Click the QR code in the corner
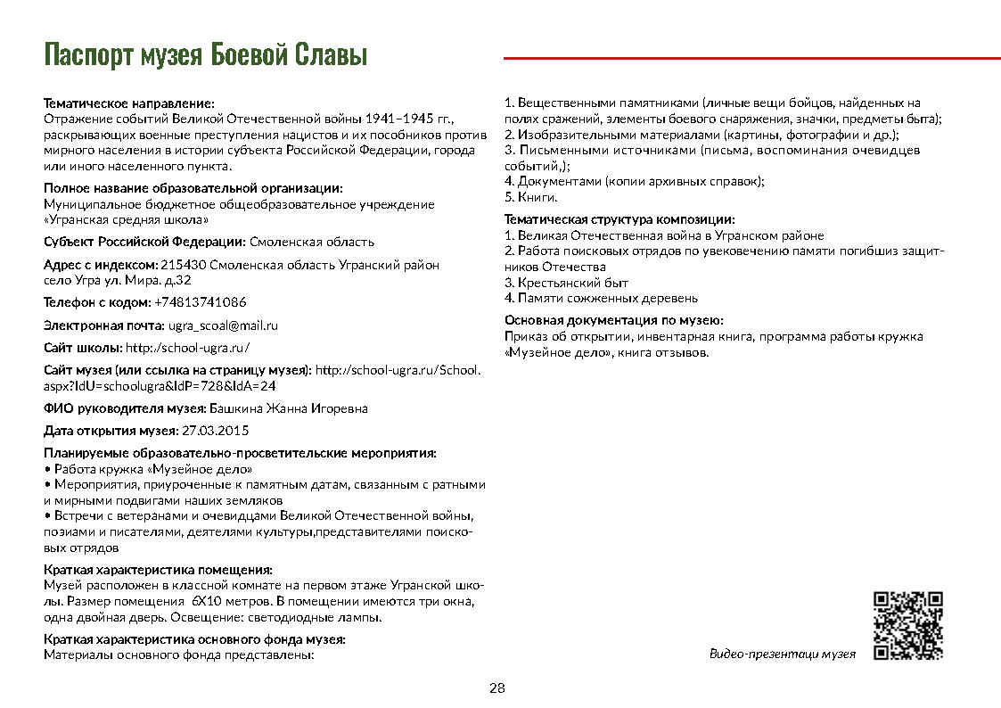[908, 626]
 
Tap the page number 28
[497, 688]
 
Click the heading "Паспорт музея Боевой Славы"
[206, 55]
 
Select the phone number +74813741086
[201, 302]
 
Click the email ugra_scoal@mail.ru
[224, 325]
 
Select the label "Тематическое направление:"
[129, 104]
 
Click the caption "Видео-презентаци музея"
[782, 654]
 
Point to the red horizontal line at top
[751, 58]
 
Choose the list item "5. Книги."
[531, 197]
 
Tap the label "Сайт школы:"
[83, 348]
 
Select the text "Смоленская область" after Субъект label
[312, 242]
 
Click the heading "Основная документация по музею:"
[613, 320]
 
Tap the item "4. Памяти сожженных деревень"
[601, 299]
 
